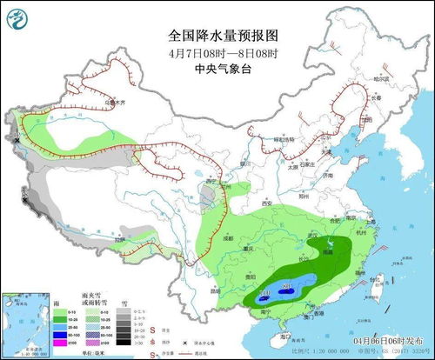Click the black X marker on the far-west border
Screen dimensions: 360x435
click(17, 137)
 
